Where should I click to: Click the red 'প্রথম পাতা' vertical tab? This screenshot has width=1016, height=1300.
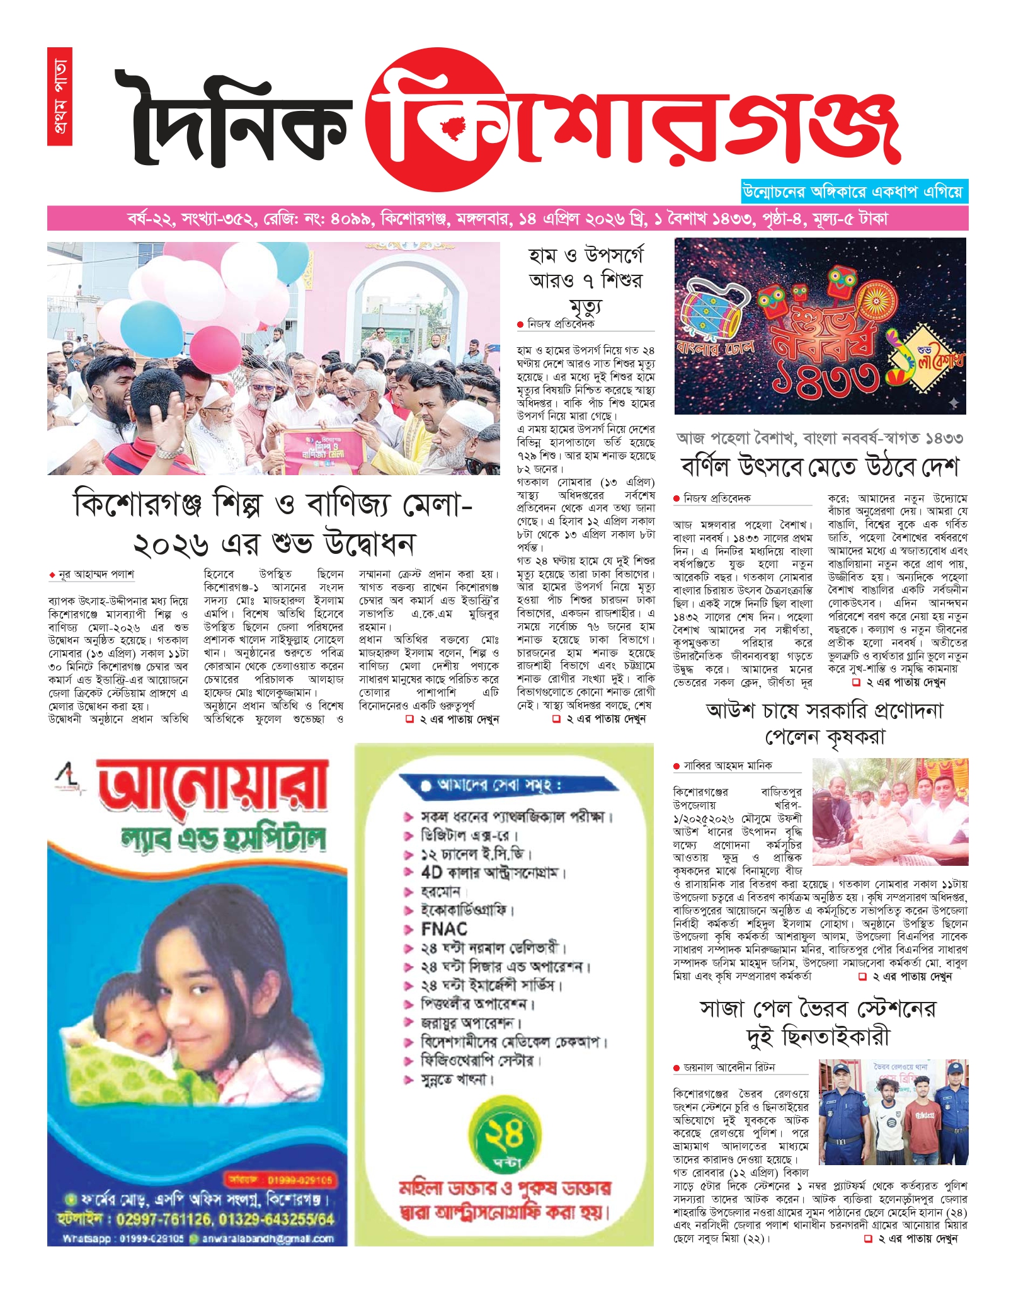pos(59,96)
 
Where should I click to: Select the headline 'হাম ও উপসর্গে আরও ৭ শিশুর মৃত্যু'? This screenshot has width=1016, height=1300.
pos(585,280)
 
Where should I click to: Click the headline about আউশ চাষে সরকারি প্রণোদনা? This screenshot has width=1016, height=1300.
pos(825,723)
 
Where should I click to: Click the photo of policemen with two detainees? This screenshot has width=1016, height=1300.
pos(893,1112)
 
